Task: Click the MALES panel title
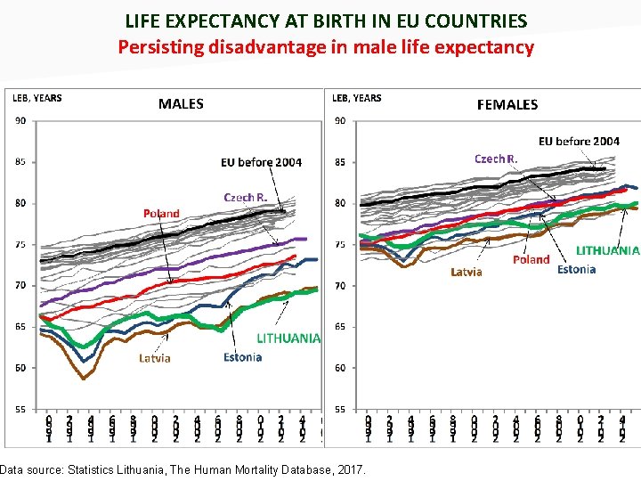(181, 104)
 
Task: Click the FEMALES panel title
(507, 105)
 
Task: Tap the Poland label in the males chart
(161, 214)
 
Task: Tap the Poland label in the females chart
(531, 259)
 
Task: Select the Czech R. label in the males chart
(245, 197)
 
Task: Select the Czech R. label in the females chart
(496, 159)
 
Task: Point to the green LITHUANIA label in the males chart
(288, 338)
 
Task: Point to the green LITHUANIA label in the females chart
(607, 251)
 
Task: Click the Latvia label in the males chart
(154, 358)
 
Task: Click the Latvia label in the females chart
(467, 272)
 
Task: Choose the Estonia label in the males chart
(242, 357)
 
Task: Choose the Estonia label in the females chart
(576, 269)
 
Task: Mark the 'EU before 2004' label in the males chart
(261, 162)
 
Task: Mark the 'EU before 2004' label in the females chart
(579, 141)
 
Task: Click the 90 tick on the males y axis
(20, 121)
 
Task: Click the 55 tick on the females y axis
(339, 409)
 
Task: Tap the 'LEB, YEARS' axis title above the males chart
(37, 98)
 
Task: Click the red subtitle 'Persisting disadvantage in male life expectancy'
(326, 47)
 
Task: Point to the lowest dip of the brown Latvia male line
(85, 378)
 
